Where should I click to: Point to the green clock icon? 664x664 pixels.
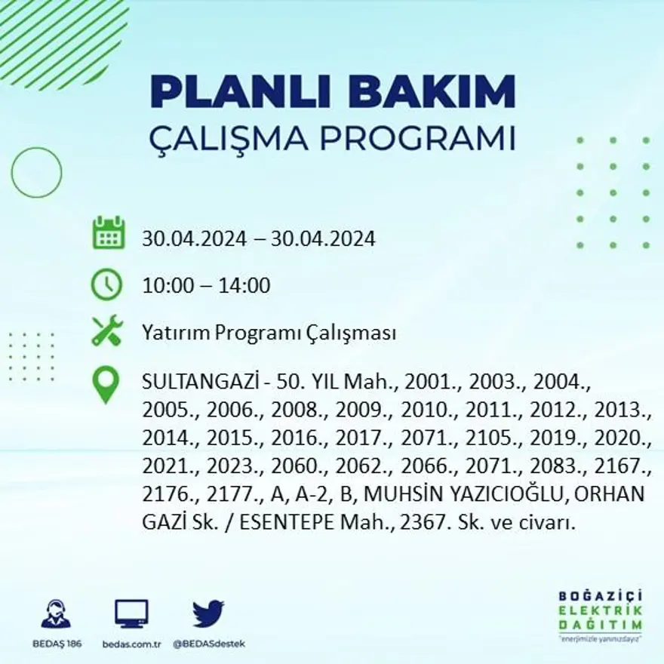point(106,284)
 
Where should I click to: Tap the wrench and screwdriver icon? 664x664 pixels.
point(106,331)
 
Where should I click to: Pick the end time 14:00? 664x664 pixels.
point(244,286)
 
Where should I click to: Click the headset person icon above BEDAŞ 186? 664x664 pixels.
point(57,613)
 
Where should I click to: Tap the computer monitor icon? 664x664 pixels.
point(131,613)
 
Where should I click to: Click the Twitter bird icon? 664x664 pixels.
point(208,613)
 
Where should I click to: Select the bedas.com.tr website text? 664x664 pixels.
point(131,644)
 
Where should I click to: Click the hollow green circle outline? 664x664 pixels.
point(37,173)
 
